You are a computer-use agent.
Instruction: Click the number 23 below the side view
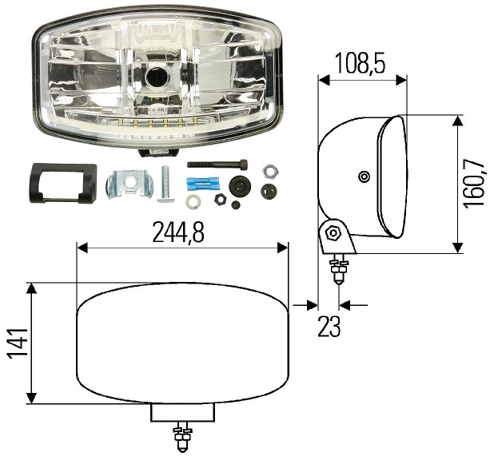[x=329, y=327]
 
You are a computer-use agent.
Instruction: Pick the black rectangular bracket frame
[x=62, y=183]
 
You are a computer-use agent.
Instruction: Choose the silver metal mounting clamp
[x=129, y=184]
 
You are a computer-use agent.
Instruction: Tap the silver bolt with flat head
[x=165, y=183]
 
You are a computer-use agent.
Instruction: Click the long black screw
[x=216, y=165]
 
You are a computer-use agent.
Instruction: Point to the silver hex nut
[x=269, y=169]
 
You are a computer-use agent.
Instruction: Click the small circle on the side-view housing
[x=364, y=176]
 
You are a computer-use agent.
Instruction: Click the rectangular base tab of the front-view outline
[x=183, y=412]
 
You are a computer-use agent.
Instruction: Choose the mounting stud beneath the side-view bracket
[x=340, y=268]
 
